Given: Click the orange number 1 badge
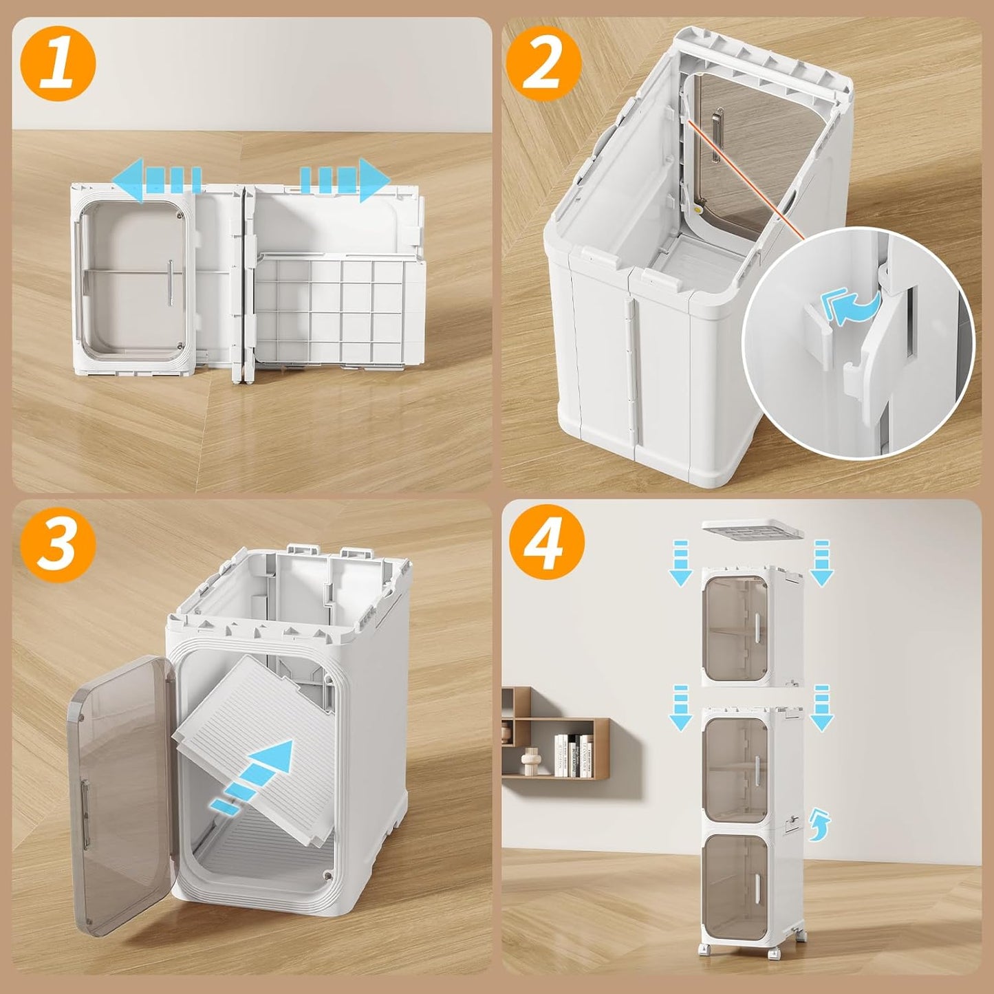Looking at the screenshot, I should (58, 64).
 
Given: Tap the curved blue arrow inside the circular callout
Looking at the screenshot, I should (852, 305).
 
